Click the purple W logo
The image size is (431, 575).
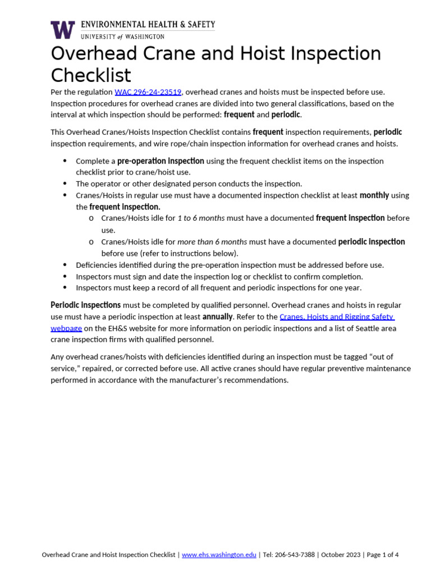(x=62, y=30)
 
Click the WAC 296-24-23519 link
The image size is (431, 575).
(x=148, y=92)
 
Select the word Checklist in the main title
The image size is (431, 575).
(x=91, y=75)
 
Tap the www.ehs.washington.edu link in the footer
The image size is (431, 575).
(x=219, y=555)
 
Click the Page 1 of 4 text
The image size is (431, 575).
(x=382, y=555)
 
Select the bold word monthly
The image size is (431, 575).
(x=374, y=195)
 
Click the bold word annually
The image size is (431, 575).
(x=217, y=317)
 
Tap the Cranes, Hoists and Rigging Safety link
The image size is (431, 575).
(x=337, y=317)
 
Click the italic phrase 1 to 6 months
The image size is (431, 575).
(x=201, y=218)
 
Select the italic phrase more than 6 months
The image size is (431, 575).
(x=212, y=241)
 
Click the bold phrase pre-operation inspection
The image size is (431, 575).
(x=161, y=161)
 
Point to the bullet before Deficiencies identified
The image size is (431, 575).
(x=65, y=264)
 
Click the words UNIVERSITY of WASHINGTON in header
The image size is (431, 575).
(x=123, y=36)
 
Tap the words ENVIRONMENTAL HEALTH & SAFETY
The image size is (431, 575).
(x=148, y=25)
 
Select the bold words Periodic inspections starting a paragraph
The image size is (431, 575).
(x=85, y=305)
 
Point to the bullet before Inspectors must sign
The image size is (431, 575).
(x=65, y=276)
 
